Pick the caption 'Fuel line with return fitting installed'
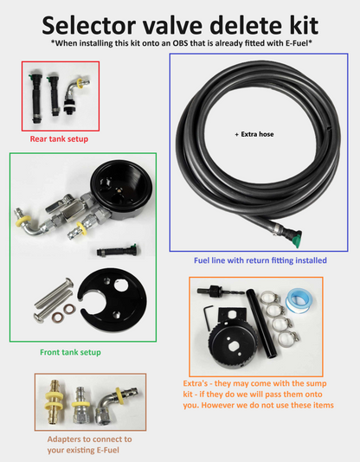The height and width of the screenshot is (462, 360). point(260,259)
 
